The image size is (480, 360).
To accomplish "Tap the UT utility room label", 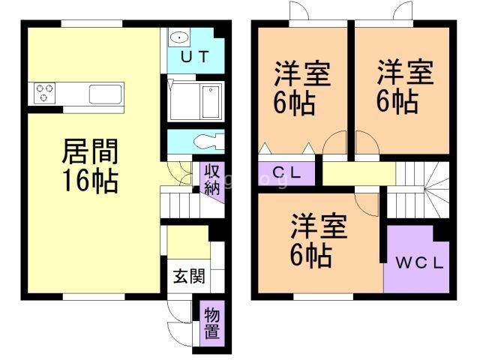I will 193,55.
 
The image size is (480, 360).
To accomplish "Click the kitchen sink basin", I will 105,94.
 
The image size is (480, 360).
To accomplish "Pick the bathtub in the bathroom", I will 211,100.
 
